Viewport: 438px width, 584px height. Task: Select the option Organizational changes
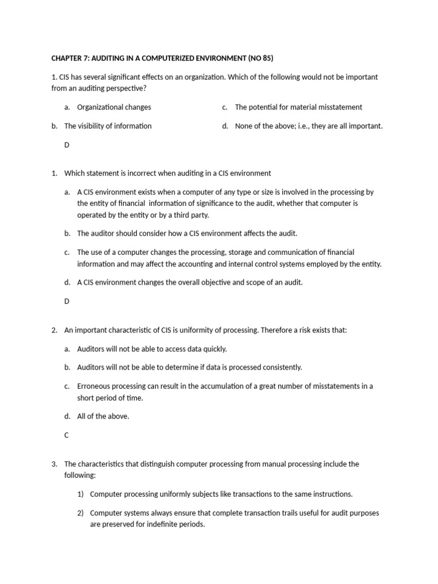point(114,107)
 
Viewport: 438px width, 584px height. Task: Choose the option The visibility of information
point(108,126)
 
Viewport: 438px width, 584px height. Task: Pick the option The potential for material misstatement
point(298,107)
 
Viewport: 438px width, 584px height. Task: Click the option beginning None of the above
point(309,126)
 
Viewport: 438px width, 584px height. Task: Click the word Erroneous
point(95,386)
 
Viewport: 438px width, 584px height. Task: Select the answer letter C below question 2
point(67,435)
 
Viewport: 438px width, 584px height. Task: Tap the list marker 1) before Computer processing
point(81,494)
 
